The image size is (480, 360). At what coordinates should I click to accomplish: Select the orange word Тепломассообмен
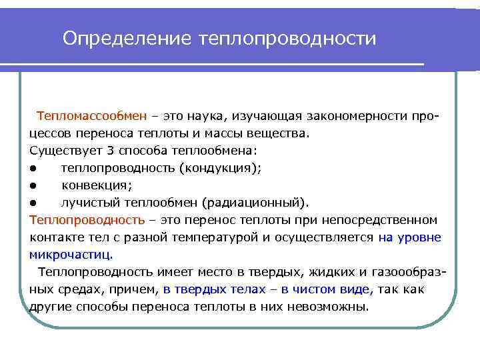pos(92,116)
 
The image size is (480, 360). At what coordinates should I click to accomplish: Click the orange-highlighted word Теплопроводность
pos(87,220)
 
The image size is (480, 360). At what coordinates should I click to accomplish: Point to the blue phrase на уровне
pos(409,237)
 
